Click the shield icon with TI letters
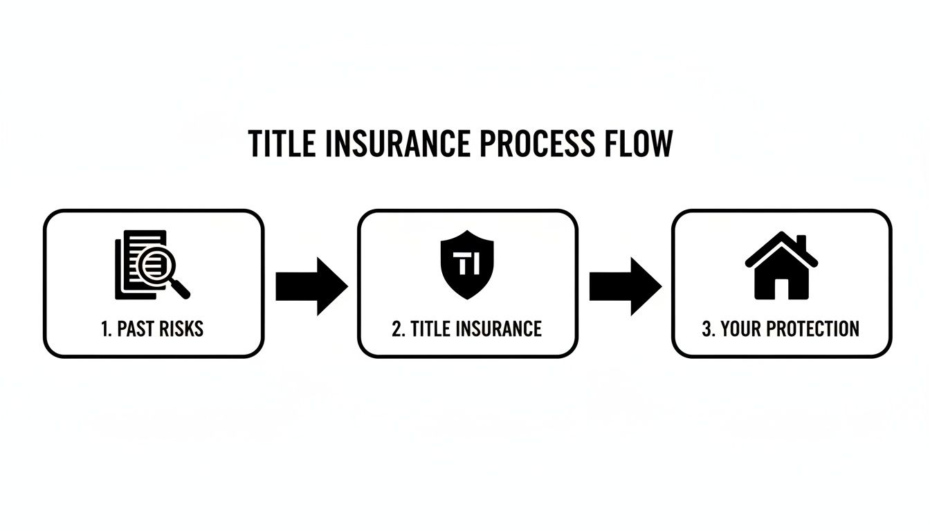coord(467,265)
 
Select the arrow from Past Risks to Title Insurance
coord(311,286)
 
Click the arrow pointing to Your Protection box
coord(625,286)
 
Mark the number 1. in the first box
coord(106,328)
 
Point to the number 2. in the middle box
coord(398,328)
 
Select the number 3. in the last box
coord(708,328)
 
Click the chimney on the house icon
coord(802,243)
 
